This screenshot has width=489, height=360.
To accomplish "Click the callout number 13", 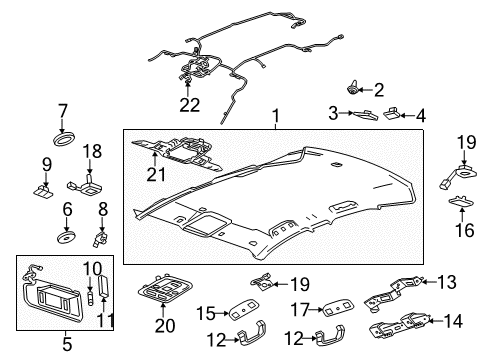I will pos(448,281).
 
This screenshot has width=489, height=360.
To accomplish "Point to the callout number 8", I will pos(103,209).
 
